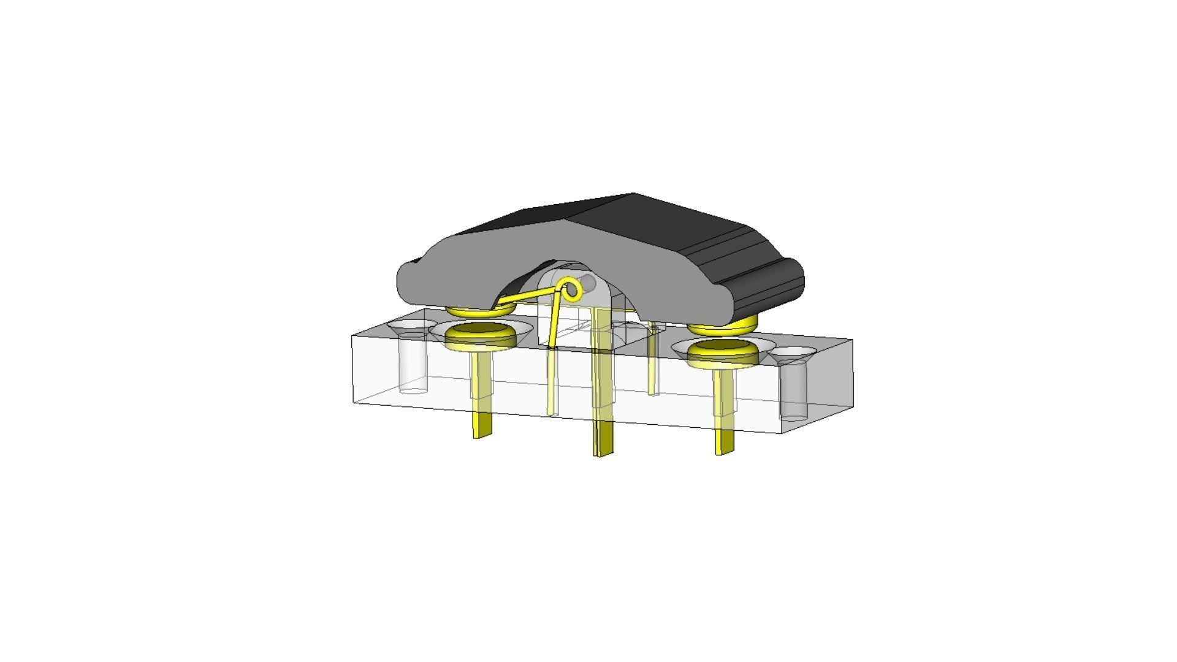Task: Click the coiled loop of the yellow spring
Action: pos(572,289)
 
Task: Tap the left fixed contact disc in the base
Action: pos(480,334)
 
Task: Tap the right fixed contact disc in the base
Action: pos(722,351)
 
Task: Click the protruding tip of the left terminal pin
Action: pos(482,425)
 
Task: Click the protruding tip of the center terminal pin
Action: pos(604,441)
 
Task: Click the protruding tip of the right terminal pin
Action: pos(725,441)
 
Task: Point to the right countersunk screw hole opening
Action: pos(793,352)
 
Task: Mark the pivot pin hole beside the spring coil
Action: pos(589,283)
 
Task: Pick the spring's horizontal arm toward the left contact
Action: pos(527,298)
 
